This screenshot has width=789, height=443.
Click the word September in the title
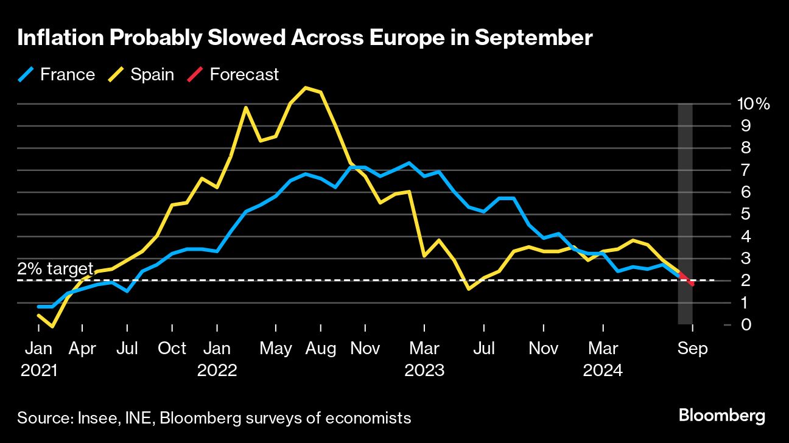pyautogui.click(x=533, y=38)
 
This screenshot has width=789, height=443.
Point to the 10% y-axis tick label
pyautogui.click(x=754, y=104)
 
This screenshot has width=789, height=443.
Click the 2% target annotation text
pyautogui.click(x=55, y=269)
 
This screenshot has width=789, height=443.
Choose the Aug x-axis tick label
pyautogui.click(x=321, y=349)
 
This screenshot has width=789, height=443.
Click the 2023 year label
pyautogui.click(x=425, y=370)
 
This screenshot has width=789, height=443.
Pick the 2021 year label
pyautogui.click(x=38, y=370)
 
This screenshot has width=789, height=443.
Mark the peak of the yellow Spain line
pyautogui.click(x=306, y=88)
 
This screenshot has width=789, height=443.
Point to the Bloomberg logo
pyautogui.click(x=721, y=417)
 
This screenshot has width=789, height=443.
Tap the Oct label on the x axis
pyautogui.click(x=172, y=349)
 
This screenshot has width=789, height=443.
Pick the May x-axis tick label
pyautogui.click(x=276, y=349)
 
